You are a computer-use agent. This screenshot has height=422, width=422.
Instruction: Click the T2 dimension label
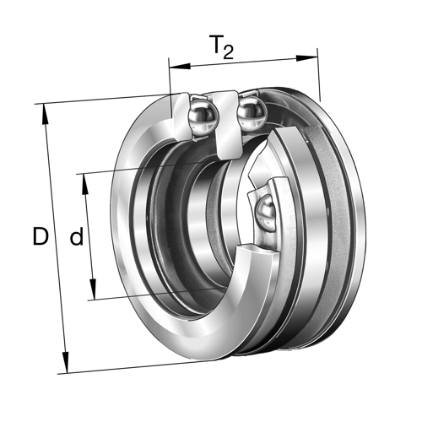[222, 47]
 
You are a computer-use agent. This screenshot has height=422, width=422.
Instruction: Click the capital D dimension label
[41, 236]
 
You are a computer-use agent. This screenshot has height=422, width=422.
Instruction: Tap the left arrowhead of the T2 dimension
[180, 67]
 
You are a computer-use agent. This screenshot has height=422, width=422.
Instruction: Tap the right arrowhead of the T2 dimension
[307, 58]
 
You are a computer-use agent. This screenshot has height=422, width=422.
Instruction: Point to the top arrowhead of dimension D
[45, 114]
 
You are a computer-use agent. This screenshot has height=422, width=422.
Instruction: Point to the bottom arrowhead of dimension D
[66, 362]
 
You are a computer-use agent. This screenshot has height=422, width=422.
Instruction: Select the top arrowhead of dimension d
[84, 184]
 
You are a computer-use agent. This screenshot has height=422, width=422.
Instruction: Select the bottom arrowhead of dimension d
[93, 289]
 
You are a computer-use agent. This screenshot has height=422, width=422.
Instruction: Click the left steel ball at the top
[203, 116]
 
